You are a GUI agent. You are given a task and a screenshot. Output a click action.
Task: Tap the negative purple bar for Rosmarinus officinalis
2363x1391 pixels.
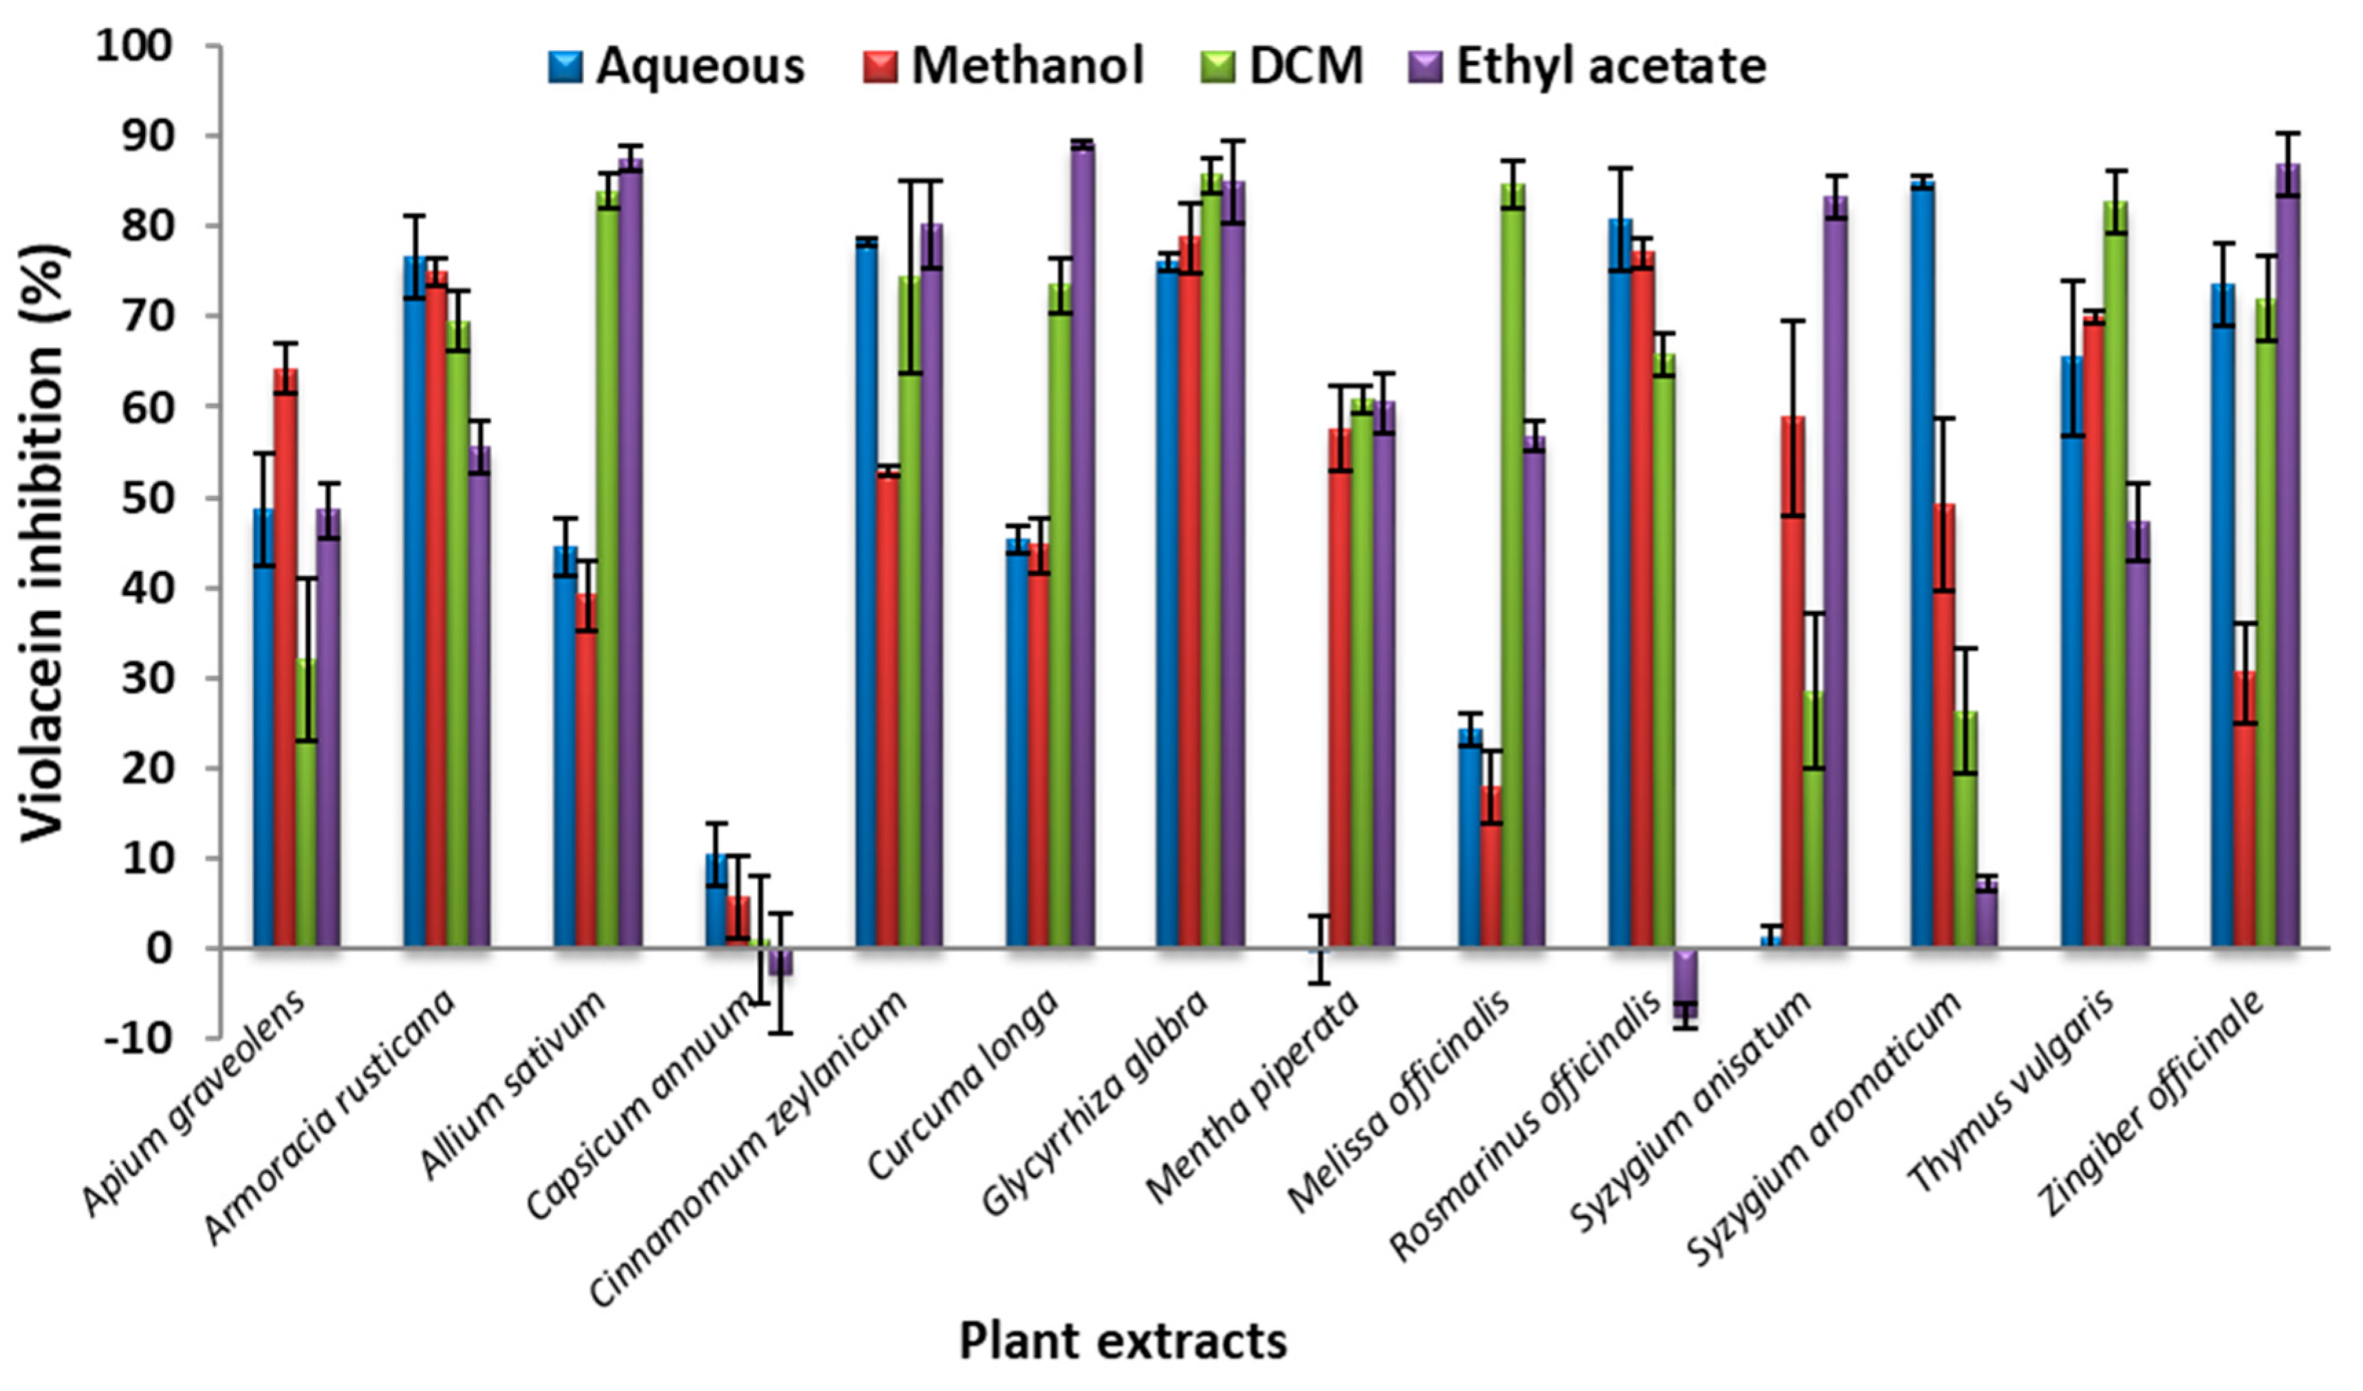(x=1685, y=982)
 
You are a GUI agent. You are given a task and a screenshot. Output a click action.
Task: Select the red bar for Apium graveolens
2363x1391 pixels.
(x=285, y=656)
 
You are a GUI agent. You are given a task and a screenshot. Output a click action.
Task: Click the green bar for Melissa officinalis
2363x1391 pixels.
(x=1512, y=562)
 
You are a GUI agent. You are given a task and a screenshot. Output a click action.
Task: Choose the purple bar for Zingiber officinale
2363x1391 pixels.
(x=2288, y=553)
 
